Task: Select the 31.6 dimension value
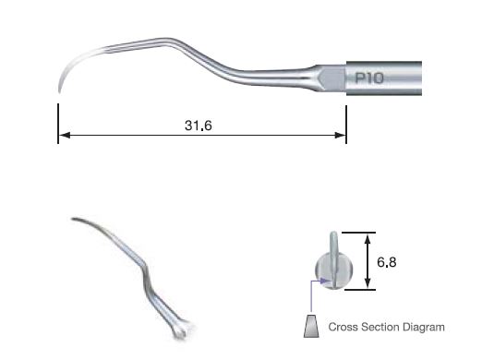tap(200, 126)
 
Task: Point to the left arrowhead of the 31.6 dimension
tap(63, 137)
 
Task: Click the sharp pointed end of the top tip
tap(60, 90)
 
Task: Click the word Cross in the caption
tap(346, 327)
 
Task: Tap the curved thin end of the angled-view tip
tap(75, 220)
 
